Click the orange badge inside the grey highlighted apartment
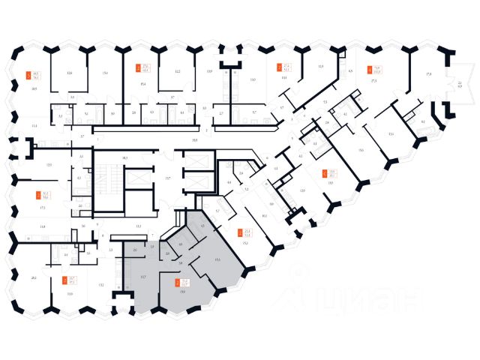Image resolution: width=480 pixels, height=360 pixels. click(178, 282)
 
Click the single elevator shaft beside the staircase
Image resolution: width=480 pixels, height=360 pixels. click(134, 180)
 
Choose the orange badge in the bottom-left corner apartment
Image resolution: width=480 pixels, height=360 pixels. click(64, 281)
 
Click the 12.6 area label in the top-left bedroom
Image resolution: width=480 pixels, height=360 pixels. click(69, 73)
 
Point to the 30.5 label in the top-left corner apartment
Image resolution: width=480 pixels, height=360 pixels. click(33, 88)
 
